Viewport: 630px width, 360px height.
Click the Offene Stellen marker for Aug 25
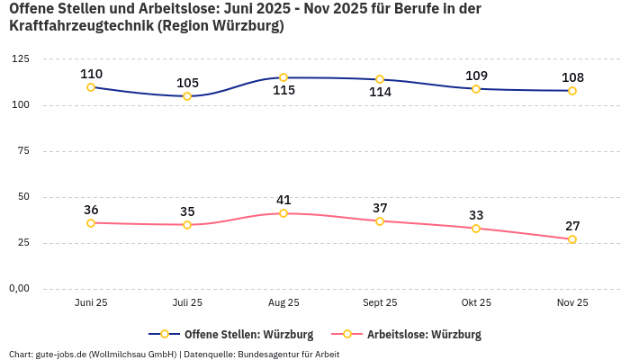283,77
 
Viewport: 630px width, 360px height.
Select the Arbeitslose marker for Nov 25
572,239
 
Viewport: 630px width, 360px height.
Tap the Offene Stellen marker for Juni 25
91,87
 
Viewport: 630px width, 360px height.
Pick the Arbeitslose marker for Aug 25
283,213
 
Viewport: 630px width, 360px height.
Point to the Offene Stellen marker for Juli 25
187,96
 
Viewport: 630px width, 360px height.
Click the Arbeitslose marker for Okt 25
476,229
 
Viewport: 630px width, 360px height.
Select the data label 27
572,225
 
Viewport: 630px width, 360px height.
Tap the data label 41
283,200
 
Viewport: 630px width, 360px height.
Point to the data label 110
91,74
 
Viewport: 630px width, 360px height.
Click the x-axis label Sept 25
380,303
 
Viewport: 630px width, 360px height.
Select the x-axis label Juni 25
91,303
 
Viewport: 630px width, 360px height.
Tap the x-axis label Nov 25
572,303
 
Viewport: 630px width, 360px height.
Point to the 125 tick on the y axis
20,59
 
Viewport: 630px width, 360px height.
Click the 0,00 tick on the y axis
18,289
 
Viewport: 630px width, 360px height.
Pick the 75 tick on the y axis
22,151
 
